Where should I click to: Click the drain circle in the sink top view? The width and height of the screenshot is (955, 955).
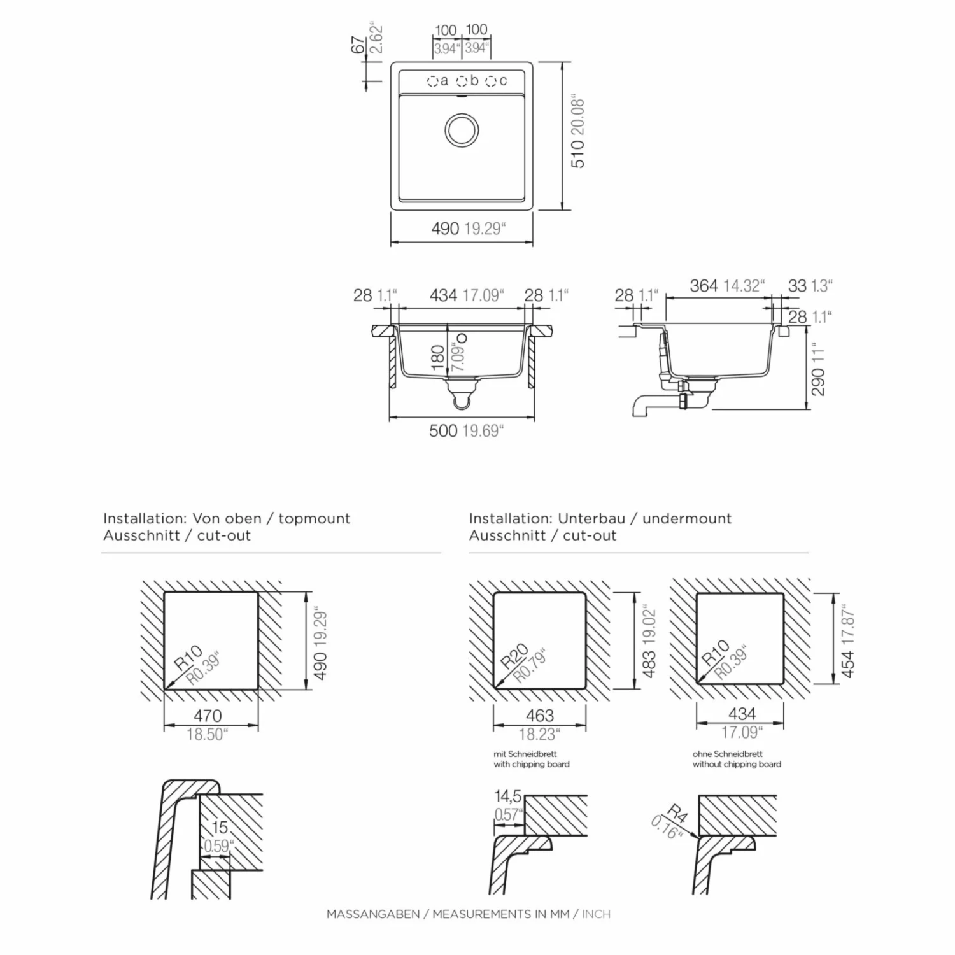tap(462, 131)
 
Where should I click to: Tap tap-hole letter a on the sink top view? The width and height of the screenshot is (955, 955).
tap(444, 81)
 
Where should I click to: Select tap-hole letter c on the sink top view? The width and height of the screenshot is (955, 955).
tap(503, 81)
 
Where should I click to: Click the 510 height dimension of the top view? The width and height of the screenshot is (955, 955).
tap(577, 154)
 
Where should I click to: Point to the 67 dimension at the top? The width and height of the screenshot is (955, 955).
tap(358, 45)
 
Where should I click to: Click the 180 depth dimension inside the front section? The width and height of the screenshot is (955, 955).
tap(437, 358)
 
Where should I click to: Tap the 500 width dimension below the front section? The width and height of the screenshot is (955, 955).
tap(443, 431)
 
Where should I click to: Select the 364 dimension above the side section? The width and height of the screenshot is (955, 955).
tap(704, 286)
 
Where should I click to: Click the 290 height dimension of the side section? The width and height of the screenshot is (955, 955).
tap(818, 382)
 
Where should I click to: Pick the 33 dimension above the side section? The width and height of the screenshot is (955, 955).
tap(797, 286)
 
